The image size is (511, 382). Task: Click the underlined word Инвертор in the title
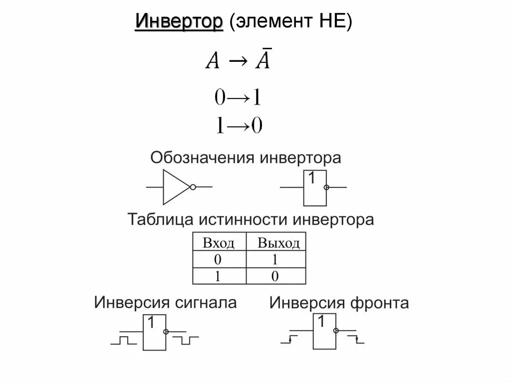click(x=179, y=22)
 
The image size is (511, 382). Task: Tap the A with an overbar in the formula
click(x=263, y=61)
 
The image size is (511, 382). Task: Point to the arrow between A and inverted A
click(x=237, y=62)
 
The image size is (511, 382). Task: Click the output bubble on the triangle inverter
click(x=193, y=187)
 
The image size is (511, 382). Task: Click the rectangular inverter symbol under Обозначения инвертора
click(x=315, y=188)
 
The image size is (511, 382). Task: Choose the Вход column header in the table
click(x=219, y=244)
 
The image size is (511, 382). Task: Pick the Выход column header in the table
click(x=278, y=244)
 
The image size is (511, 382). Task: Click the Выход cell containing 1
click(x=275, y=259)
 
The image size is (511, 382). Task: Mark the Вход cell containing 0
click(x=218, y=259)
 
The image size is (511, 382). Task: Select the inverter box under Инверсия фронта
click(x=323, y=332)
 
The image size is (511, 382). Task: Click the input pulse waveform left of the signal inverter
click(x=123, y=341)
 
